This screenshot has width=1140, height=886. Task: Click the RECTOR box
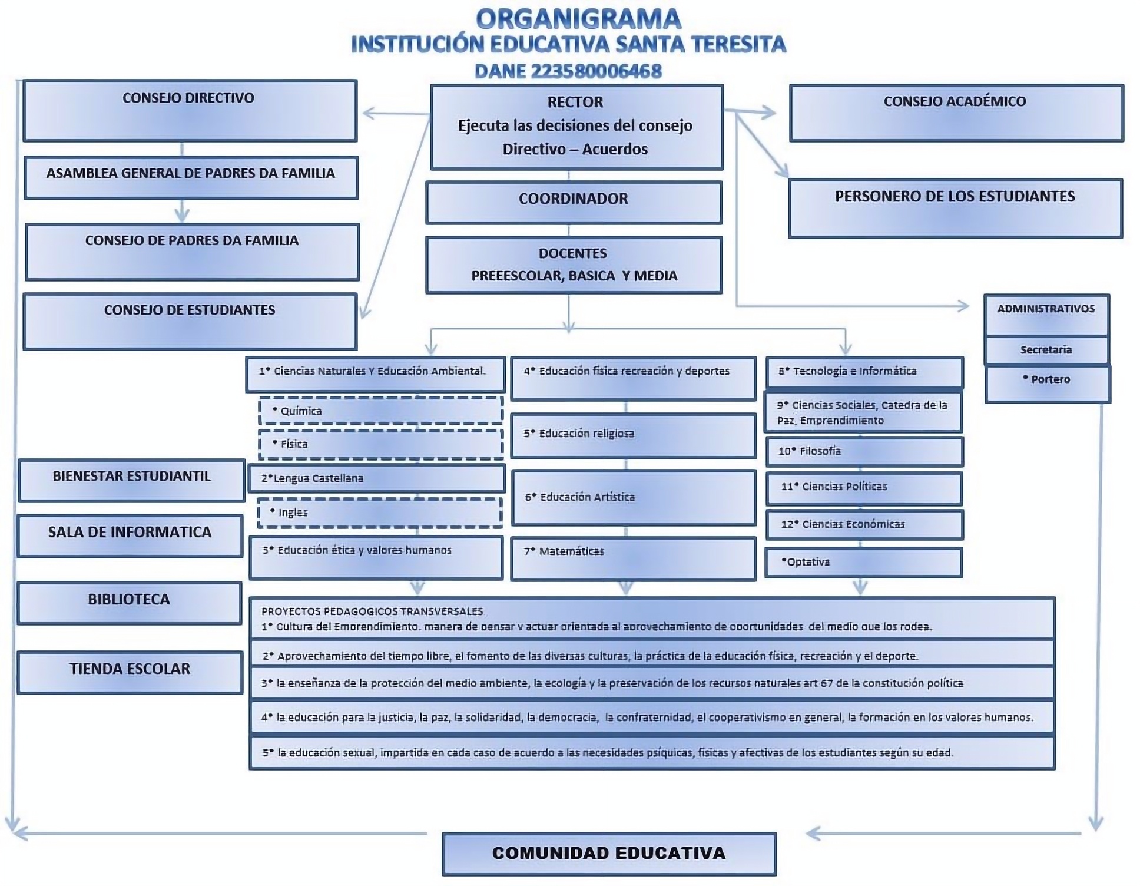(x=576, y=127)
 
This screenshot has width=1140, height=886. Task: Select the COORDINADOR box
(x=574, y=202)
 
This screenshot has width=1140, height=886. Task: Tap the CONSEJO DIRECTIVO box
(x=190, y=111)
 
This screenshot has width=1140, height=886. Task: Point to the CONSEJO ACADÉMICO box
(x=956, y=113)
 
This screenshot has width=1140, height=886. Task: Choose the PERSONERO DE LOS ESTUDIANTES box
(x=955, y=208)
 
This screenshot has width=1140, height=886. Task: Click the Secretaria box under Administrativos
(x=1046, y=350)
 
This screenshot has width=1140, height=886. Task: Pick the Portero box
(x=1048, y=384)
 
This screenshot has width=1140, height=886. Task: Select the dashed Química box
(x=380, y=411)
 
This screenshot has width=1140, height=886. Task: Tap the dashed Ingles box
(x=380, y=512)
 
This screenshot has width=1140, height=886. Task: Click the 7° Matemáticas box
(x=633, y=558)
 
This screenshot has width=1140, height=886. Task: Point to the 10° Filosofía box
(x=864, y=451)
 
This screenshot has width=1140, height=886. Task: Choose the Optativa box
(x=863, y=562)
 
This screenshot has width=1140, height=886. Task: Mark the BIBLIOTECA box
(x=130, y=602)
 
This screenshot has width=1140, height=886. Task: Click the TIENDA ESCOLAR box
(x=130, y=672)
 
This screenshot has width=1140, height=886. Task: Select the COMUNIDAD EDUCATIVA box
(x=609, y=853)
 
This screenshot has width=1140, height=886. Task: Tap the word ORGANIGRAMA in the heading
(x=578, y=19)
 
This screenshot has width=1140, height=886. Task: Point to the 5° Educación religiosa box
(x=633, y=435)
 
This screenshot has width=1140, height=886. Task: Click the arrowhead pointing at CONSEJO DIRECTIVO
(x=368, y=113)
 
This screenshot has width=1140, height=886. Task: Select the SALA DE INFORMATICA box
(x=130, y=535)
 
